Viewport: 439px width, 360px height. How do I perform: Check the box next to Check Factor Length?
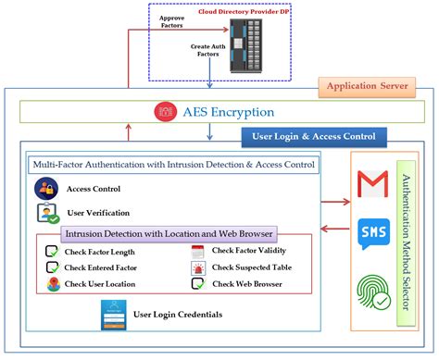(x=53, y=252)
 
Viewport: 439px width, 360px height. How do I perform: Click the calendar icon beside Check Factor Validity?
(x=196, y=252)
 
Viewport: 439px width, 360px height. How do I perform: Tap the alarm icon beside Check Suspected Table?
(x=196, y=268)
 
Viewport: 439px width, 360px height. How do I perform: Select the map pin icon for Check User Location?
(x=53, y=284)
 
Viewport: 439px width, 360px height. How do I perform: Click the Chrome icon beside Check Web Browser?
(x=196, y=284)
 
